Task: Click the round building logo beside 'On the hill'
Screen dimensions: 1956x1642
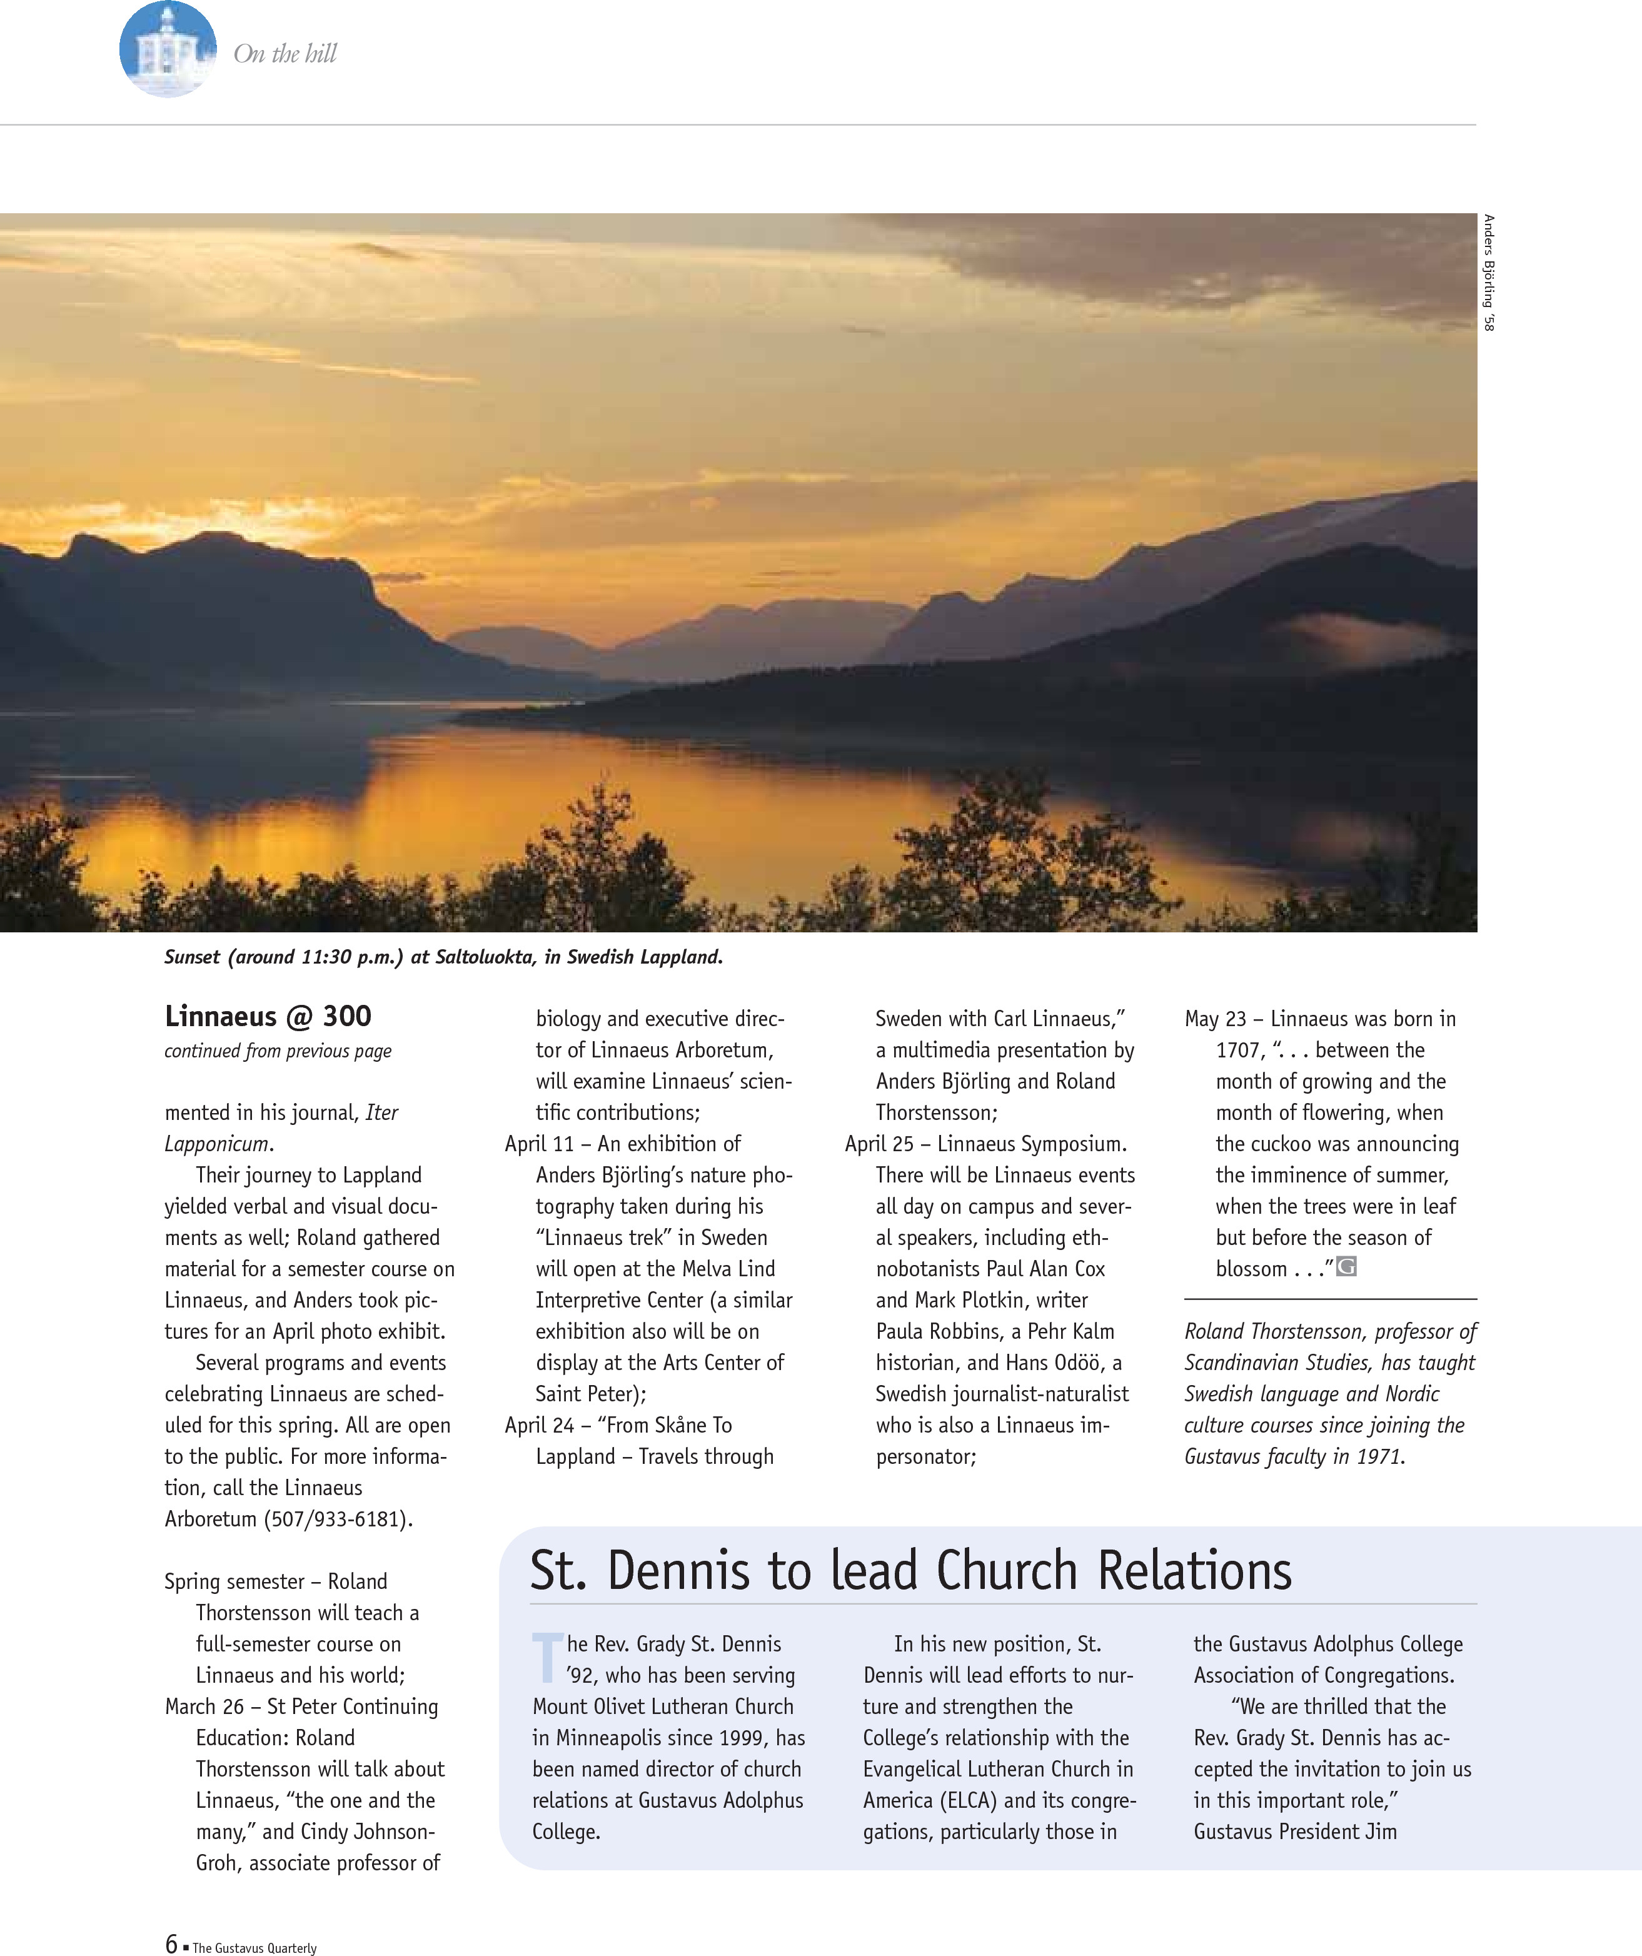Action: (168, 49)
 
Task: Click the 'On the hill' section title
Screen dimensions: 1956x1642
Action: (285, 54)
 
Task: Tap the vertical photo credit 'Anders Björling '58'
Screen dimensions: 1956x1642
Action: (1488, 273)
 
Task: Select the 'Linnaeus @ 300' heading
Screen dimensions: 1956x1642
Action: (268, 1016)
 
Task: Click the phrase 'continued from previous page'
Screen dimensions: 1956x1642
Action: (278, 1052)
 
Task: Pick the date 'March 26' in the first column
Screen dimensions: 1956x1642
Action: (204, 1707)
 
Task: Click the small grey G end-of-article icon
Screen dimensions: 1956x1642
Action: (1346, 1267)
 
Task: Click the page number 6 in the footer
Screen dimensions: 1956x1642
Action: (171, 1943)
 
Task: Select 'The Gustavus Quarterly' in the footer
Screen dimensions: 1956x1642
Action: (254, 1948)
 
